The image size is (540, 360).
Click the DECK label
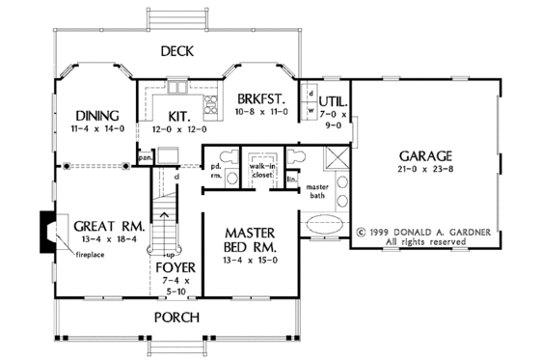[x=179, y=51]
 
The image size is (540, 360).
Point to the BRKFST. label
[x=261, y=99]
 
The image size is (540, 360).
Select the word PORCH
[x=179, y=317]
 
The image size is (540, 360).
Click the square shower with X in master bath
[x=335, y=160]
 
